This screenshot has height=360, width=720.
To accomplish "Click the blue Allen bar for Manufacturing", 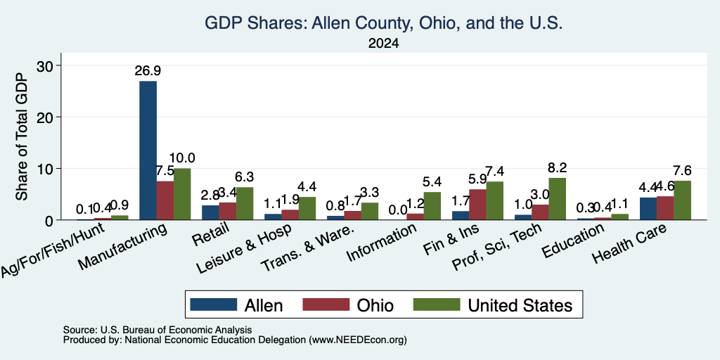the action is coord(148,150).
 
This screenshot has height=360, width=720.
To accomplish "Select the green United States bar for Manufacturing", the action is coord(182,194).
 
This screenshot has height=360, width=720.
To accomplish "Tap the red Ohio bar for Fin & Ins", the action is coord(477,205).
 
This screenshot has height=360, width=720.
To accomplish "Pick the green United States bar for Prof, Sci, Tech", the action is coord(558,199).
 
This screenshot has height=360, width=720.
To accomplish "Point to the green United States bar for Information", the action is coord(432,206).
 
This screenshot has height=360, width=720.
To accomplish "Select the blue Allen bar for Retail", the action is coord(211,212).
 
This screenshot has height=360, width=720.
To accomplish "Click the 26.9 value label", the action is coord(148,71).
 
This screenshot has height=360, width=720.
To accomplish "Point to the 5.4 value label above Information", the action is coord(432,182).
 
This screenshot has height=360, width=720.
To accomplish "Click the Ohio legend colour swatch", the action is coord(326,305).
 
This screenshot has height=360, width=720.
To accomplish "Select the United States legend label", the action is coord(520,305).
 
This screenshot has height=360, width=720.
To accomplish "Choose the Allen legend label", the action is coord(264,305).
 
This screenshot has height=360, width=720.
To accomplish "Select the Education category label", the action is coord(573,241).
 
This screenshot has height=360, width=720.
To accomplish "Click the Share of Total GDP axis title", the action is coord(22,136).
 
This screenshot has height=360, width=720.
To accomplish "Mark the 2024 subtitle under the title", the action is coord(383,44).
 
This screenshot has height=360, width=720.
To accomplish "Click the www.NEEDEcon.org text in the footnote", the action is coord(358,340).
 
